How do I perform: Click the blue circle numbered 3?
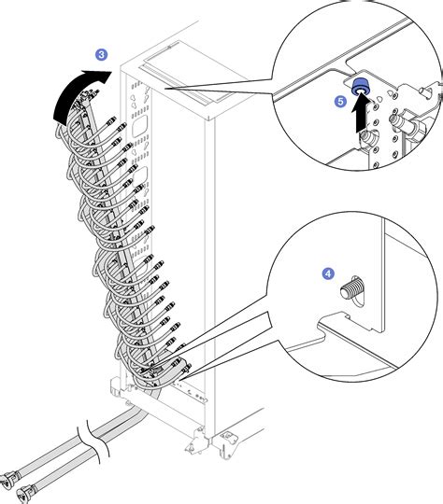pyautogui.click(x=102, y=55)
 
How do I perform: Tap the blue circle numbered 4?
pyautogui.click(x=328, y=273)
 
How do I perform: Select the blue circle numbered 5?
pyautogui.click(x=340, y=102)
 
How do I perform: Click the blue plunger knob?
pyautogui.click(x=359, y=87)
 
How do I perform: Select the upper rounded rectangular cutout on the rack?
pyautogui.click(x=140, y=125)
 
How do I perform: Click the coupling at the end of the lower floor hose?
pyautogui.click(x=25, y=493)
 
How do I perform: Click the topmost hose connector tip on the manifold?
pyautogui.click(x=95, y=93)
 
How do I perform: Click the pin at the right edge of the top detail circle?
pyautogui.click(x=428, y=91)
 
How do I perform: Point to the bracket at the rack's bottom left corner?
pyautogui.click(x=117, y=387)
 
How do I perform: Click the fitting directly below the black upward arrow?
pyautogui.click(x=367, y=139)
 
